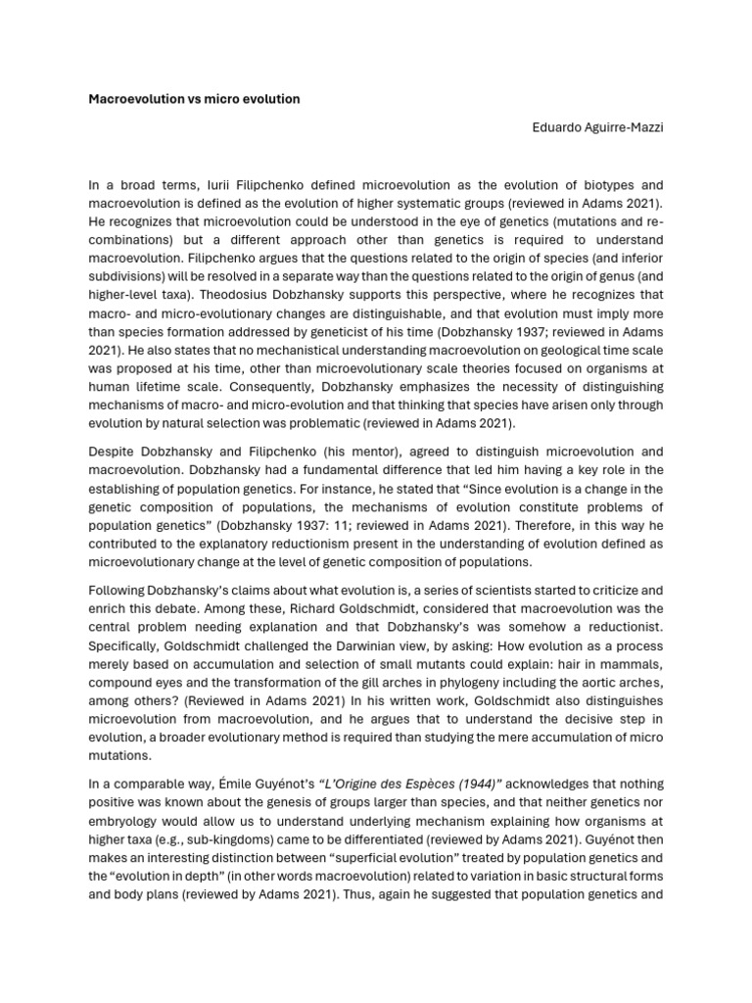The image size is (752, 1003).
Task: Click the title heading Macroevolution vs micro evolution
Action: coord(195,99)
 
